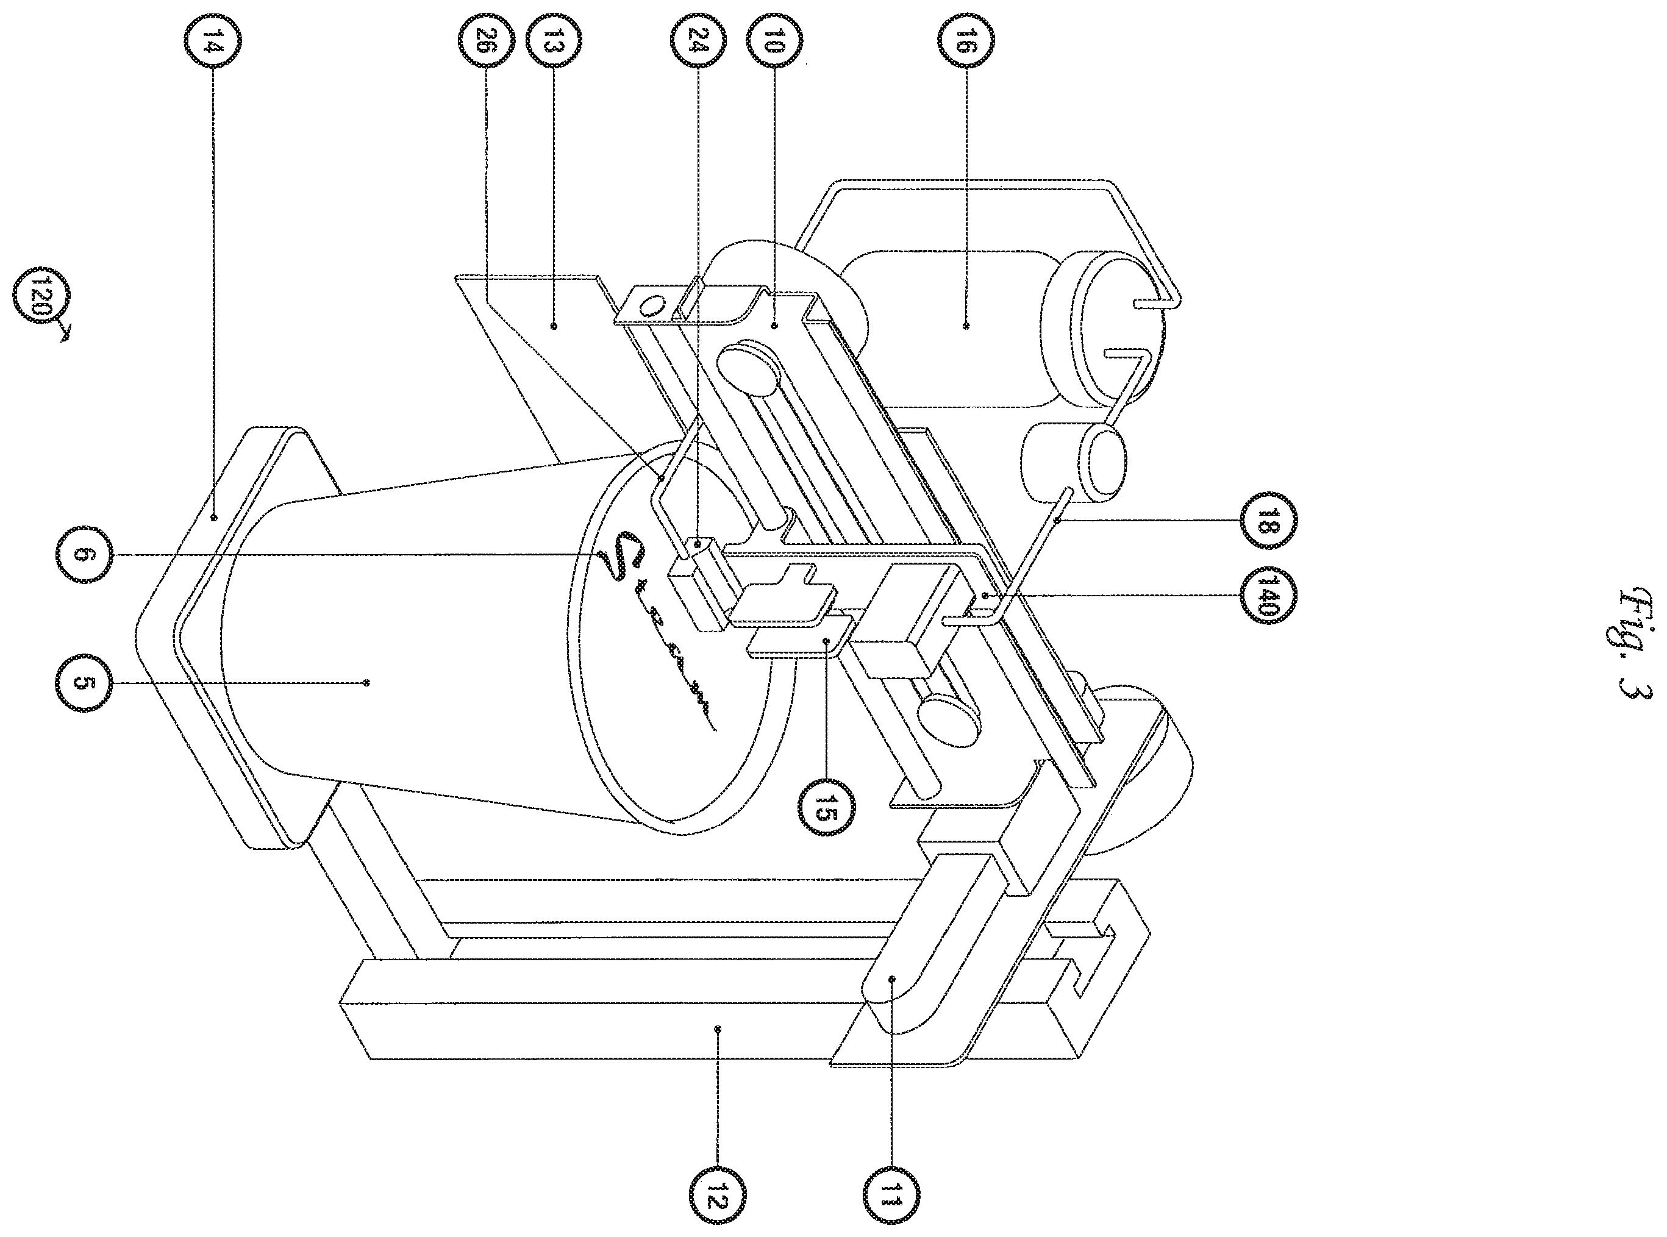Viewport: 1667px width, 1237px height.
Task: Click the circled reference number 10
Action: (774, 43)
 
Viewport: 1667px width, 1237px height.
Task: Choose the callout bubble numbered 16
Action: (965, 43)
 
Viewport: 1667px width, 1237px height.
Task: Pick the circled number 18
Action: (1267, 522)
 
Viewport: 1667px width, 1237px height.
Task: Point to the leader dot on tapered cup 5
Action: (366, 682)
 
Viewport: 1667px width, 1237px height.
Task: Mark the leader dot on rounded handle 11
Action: (892, 978)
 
